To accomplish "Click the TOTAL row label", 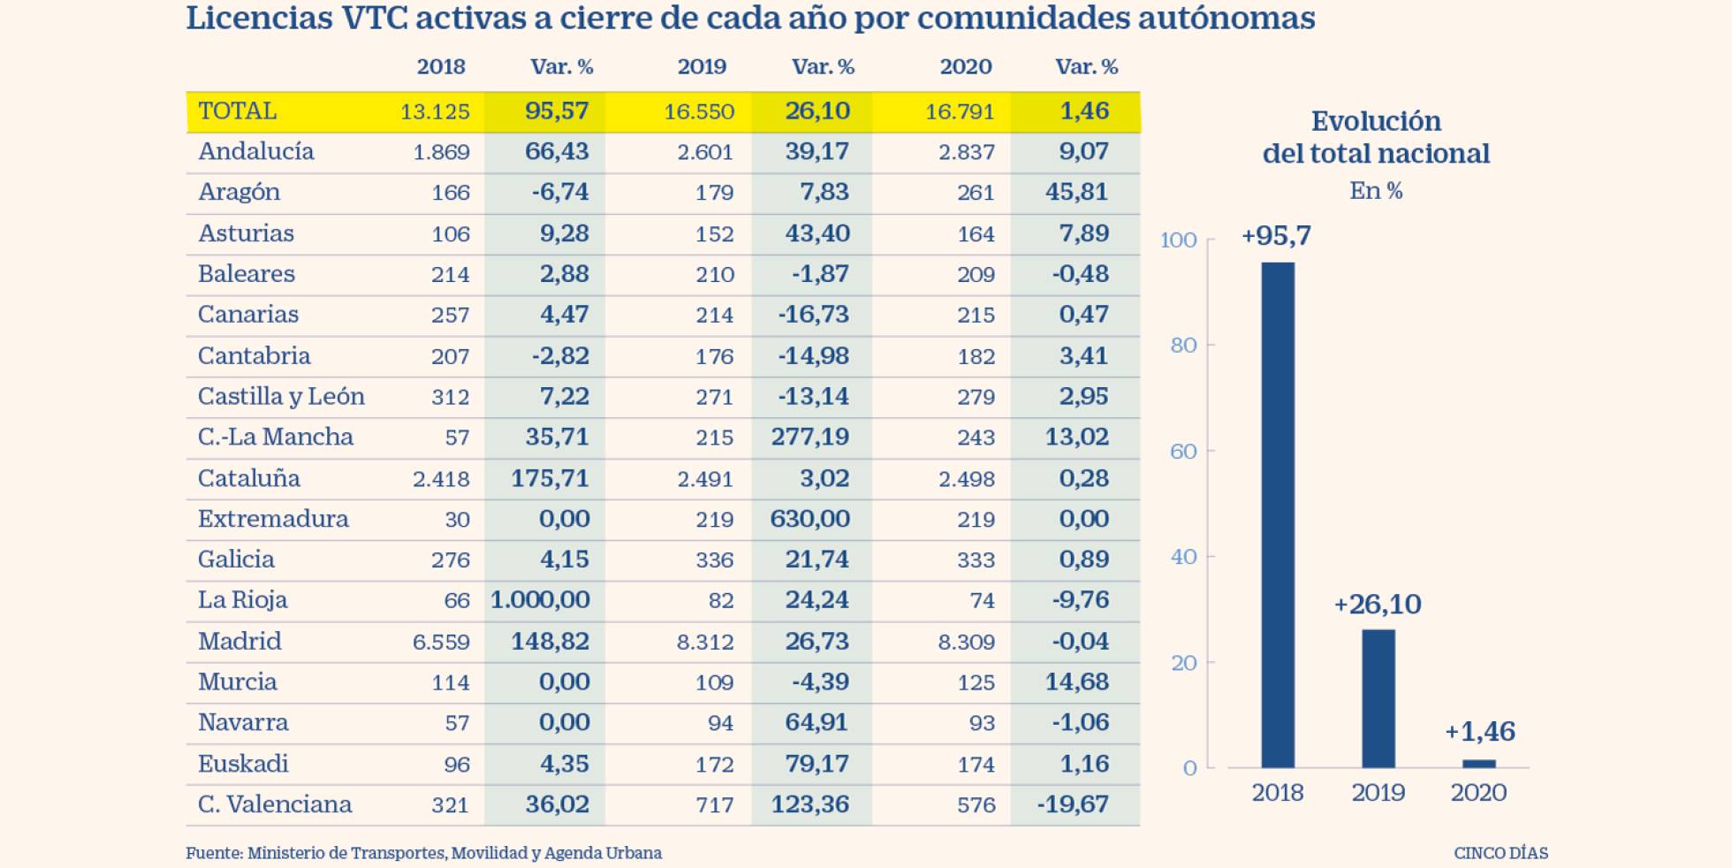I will point(237,111).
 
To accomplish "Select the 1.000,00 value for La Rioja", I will point(540,600).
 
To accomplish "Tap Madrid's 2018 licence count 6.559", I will point(441,642).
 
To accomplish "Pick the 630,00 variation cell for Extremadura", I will point(809,519).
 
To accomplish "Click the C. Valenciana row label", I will point(274,804).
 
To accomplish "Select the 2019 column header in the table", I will point(702,67).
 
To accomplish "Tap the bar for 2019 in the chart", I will point(1378,698).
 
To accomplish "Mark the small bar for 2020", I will point(1478,764).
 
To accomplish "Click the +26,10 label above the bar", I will point(1377,605).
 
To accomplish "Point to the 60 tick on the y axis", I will point(1182,452).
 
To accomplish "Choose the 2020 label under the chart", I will point(1478,793).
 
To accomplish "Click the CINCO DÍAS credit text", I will point(1500,853).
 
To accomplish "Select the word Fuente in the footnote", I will point(213,853).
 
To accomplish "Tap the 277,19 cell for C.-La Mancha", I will point(809,437).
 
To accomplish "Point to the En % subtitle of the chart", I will point(1375,191).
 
